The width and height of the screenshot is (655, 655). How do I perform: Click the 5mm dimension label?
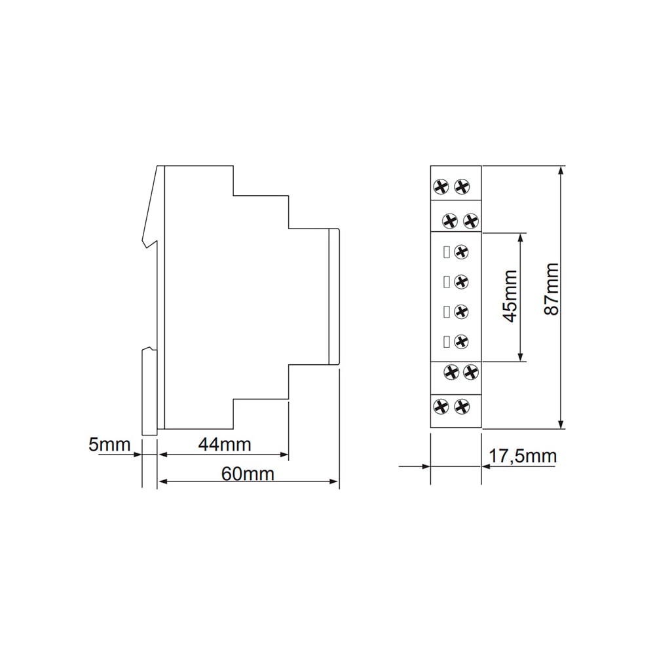click(x=109, y=445)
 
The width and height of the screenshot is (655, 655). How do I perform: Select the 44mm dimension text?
click(x=225, y=445)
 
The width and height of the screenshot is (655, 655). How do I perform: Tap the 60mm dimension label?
click(x=248, y=474)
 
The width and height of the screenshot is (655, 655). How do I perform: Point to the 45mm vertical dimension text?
click(x=510, y=296)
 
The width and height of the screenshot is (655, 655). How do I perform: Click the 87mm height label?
click(x=552, y=289)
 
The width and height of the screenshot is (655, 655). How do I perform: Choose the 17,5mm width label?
click(x=523, y=456)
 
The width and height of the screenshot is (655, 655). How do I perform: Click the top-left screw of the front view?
click(x=441, y=187)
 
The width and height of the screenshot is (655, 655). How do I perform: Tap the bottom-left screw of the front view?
click(x=441, y=407)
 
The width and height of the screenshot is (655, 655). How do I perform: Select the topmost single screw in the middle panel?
click(x=461, y=252)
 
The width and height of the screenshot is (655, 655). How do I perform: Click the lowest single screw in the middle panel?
click(x=461, y=342)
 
